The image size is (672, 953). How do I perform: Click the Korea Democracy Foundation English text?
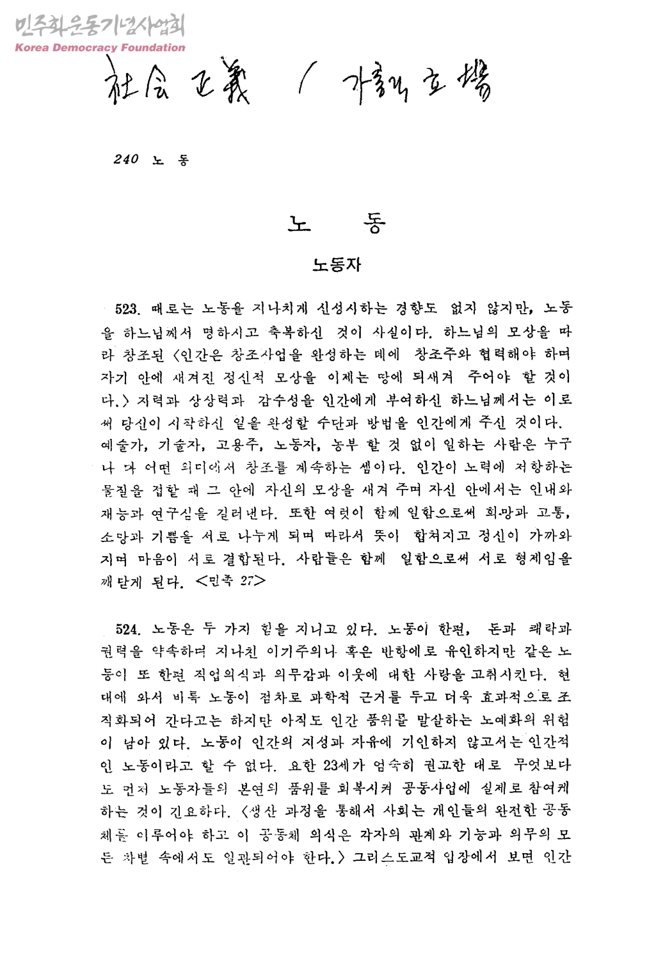tap(99, 47)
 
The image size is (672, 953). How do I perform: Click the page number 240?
tap(126, 159)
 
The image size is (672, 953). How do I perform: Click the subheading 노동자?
tap(337, 264)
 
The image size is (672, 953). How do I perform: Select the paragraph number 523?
tap(127, 309)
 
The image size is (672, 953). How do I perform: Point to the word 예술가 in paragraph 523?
tap(125, 444)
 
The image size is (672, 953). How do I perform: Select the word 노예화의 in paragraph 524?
tap(508, 720)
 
